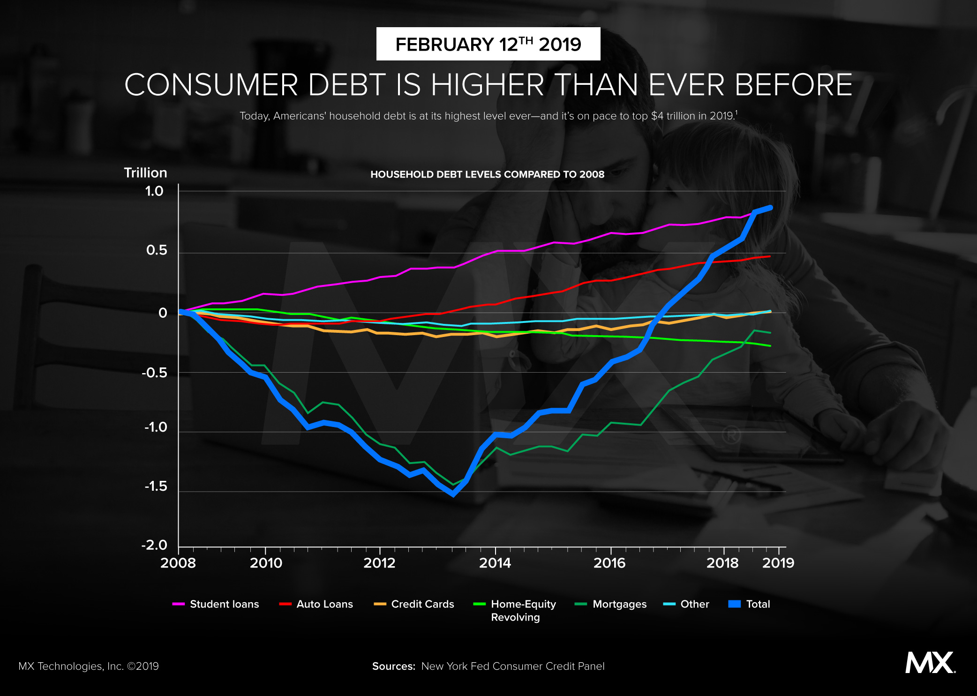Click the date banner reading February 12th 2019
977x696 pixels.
pyautogui.click(x=488, y=44)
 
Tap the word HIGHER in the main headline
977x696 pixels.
pyautogui.click(x=487, y=85)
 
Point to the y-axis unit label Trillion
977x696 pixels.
pyautogui.click(x=145, y=173)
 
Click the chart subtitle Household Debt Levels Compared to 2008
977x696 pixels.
pyautogui.click(x=487, y=174)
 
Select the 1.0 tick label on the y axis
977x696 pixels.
pyautogui.click(x=154, y=191)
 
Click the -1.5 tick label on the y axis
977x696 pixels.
pyautogui.click(x=156, y=486)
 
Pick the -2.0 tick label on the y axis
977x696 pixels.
pyautogui.click(x=154, y=545)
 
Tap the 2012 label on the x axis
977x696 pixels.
pyautogui.click(x=379, y=563)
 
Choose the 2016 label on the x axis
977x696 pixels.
pyautogui.click(x=609, y=563)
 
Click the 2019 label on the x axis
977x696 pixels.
pyautogui.click(x=778, y=563)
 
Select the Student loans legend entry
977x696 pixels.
pyautogui.click(x=216, y=604)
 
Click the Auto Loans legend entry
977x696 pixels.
pyautogui.click(x=316, y=604)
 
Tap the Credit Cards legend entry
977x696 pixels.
pyautogui.click(x=414, y=604)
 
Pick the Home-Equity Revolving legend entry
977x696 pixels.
pyautogui.click(x=515, y=610)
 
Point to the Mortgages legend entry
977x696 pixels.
pyautogui.click(x=611, y=604)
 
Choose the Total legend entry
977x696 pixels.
pyautogui.click(x=749, y=604)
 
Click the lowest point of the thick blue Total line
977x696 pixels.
pyautogui.click(x=453, y=494)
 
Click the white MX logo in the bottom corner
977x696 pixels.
pyautogui.click(x=930, y=662)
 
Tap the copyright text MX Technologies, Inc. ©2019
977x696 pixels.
pyautogui.click(x=89, y=666)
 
